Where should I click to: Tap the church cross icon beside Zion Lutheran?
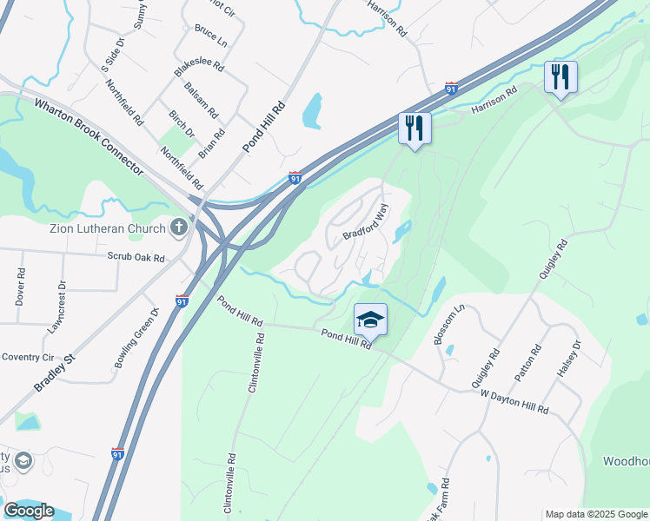pos(179,228)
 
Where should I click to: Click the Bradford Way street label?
pos(364,223)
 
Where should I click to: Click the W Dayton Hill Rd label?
pos(514,400)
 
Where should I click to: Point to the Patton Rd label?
pos(527,363)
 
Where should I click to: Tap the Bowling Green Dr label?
pos(136,337)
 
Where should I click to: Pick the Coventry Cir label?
pos(29,356)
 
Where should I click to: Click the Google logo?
pos(29,511)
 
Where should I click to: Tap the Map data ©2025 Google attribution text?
pos(595,514)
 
